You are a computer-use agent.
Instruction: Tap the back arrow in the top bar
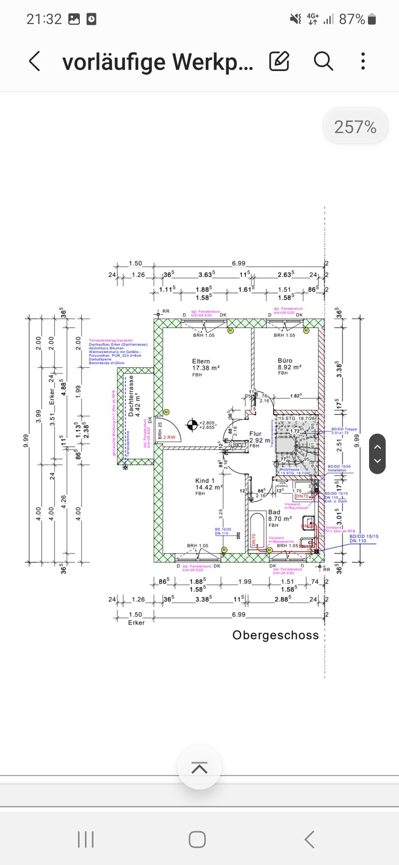(x=35, y=62)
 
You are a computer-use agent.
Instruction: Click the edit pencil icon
(x=279, y=62)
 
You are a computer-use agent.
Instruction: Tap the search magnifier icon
(x=323, y=62)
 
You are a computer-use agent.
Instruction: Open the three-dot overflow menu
(x=363, y=62)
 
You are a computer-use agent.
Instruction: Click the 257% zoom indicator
(x=355, y=127)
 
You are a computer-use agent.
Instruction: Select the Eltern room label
(x=201, y=361)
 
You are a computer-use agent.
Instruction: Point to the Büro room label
(x=285, y=360)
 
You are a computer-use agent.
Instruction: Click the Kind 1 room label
(x=205, y=480)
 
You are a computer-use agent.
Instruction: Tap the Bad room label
(x=274, y=512)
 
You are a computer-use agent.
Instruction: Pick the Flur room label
(x=255, y=434)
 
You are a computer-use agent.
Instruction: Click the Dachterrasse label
(x=131, y=396)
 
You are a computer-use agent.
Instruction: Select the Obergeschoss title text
(x=275, y=635)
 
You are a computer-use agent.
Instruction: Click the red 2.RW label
(x=169, y=437)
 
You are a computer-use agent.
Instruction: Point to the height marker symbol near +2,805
(x=192, y=424)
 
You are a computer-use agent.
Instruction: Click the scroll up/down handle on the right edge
(x=377, y=454)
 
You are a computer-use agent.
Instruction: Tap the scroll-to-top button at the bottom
(x=199, y=768)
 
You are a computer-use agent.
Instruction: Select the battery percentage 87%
(x=352, y=19)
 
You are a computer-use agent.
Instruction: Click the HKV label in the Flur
(x=238, y=445)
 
